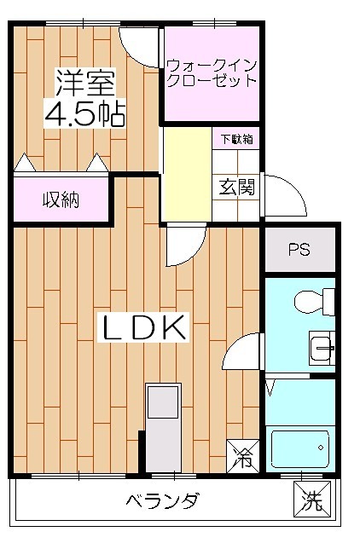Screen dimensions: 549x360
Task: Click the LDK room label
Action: tap(145, 328)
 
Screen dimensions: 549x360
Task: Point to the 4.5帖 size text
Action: tap(84, 114)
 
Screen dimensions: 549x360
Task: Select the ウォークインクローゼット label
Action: tap(211, 72)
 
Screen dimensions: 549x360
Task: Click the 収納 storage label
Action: tap(61, 200)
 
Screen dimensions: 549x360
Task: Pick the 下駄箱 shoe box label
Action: tap(236, 139)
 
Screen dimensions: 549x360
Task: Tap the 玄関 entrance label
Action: tap(237, 187)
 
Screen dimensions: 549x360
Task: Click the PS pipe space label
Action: tap(299, 250)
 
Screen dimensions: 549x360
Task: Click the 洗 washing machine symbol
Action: tap(311, 500)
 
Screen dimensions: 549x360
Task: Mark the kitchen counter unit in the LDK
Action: tap(163, 426)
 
